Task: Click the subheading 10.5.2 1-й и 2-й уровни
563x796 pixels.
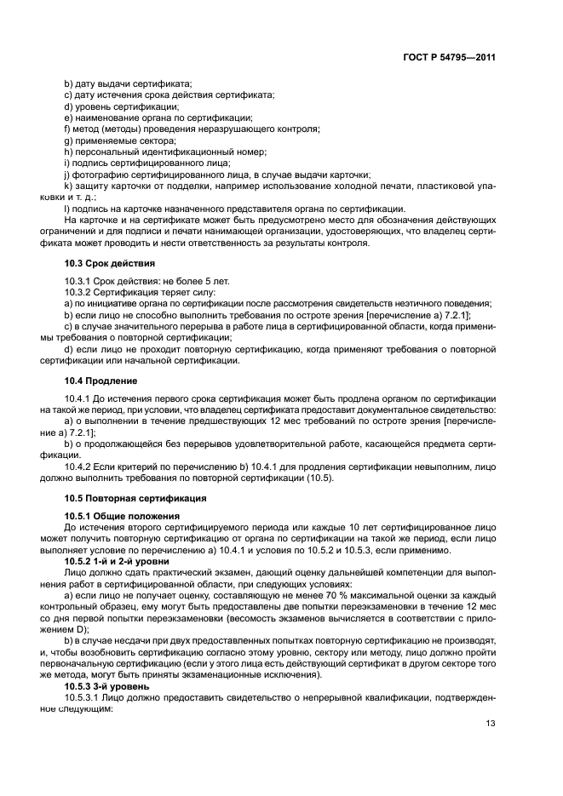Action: click(120, 561)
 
